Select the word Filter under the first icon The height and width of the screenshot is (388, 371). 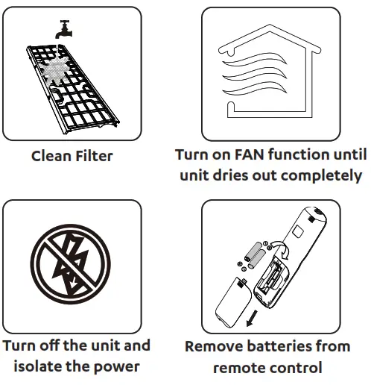click(93, 157)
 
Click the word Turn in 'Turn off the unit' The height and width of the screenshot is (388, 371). click(18, 345)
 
